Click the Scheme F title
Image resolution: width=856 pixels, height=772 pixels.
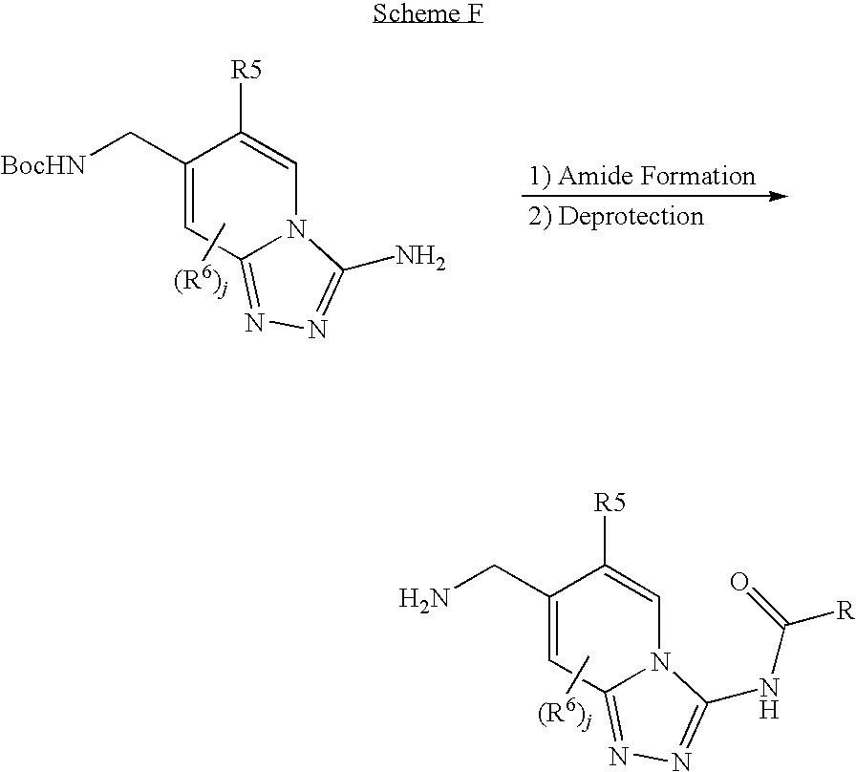[428, 13]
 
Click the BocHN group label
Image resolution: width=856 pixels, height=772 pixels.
[44, 165]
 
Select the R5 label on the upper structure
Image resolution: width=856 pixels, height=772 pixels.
[246, 71]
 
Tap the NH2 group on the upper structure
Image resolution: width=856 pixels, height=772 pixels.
[419, 257]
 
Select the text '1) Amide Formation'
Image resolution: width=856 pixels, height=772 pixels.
[642, 176]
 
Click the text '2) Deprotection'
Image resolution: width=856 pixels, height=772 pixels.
[616, 216]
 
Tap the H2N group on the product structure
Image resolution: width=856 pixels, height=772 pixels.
[424, 598]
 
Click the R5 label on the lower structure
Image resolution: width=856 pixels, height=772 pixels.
[610, 503]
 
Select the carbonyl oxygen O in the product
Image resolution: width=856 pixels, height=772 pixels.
[739, 582]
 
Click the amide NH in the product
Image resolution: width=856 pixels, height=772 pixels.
[769, 697]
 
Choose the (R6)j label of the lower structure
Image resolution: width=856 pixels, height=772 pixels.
[565, 714]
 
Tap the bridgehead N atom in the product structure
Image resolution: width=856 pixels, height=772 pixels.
[662, 663]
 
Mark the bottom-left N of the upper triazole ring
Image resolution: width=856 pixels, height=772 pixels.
[254, 322]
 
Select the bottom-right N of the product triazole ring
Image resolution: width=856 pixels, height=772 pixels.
[681, 761]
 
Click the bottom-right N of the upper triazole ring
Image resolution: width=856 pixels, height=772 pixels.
[317, 329]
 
